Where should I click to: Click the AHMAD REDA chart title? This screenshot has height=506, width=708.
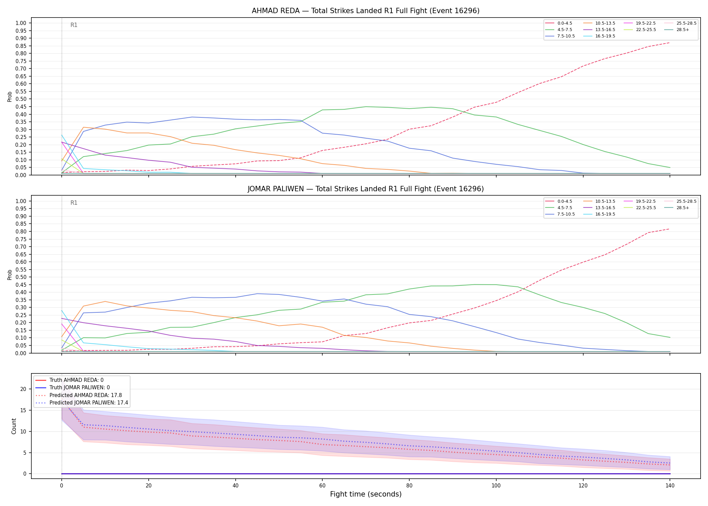point(365,11)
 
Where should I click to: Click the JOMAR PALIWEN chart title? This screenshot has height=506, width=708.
point(365,189)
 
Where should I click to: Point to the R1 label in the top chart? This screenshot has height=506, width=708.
point(74,25)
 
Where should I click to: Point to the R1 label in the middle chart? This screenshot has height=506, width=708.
point(74,203)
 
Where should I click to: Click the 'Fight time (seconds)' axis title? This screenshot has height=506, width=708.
point(366,494)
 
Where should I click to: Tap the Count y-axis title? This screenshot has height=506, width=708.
point(14,426)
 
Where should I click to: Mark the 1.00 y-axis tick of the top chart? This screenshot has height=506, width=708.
point(21,23)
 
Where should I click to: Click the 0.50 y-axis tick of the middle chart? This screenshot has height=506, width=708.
point(21,277)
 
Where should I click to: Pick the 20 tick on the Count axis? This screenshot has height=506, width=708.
point(23,389)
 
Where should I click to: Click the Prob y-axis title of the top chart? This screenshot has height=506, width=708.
point(10,96)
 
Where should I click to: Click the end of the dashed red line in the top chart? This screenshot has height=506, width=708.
point(670,43)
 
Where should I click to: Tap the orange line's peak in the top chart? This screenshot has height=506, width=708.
point(84,127)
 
